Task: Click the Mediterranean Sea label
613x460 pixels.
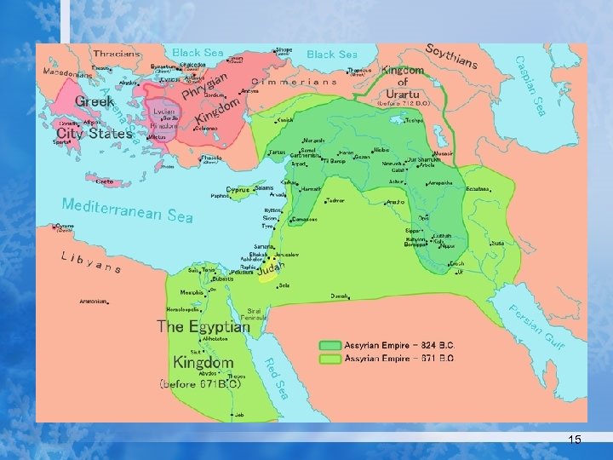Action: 128,210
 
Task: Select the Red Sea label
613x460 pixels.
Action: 276,377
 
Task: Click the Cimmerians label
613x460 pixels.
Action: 294,82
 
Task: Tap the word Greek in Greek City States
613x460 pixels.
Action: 95,101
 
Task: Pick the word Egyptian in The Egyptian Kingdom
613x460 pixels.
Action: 220,326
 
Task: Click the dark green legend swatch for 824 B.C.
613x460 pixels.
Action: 329,346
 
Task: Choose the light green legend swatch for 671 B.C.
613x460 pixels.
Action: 329,359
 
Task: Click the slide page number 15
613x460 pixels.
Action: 575,439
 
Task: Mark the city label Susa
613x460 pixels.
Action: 497,244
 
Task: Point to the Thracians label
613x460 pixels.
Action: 117,54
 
